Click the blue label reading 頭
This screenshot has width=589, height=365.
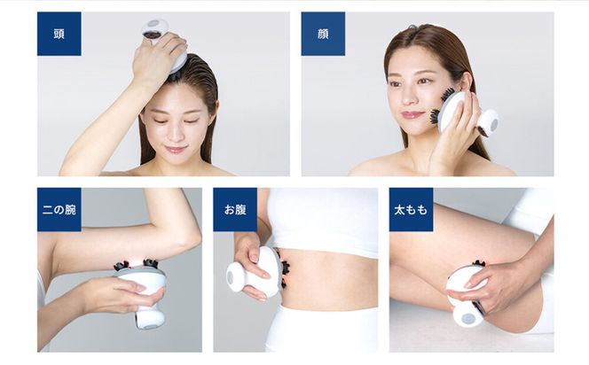(59, 34)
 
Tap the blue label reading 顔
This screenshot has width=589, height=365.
(323, 34)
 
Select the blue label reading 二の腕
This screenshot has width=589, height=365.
(59, 210)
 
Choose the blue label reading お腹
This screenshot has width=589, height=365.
(235, 210)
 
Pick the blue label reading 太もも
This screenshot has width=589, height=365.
(411, 210)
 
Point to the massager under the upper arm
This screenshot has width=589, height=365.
(144, 288)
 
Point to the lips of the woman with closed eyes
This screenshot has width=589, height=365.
(177, 149)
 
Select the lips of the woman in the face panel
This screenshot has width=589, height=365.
(412, 115)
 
